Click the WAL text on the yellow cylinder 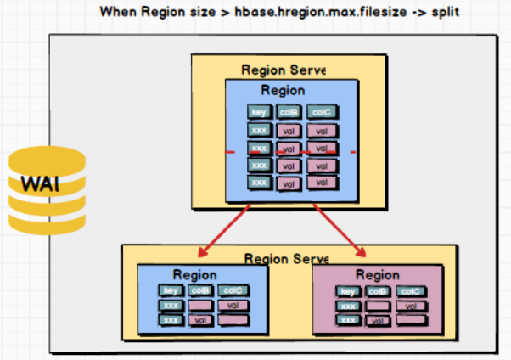41,184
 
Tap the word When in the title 119,14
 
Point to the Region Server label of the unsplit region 284,70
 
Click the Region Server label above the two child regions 285,257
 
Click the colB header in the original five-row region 288,112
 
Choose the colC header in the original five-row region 320,112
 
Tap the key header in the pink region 347,291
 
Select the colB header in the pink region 376,291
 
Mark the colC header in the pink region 409,291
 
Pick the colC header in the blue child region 232,290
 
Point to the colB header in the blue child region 199,290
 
